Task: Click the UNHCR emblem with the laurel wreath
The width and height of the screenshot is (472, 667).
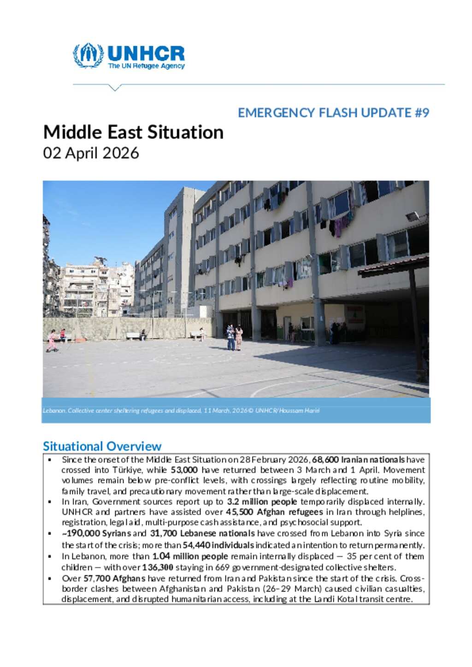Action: [x=88, y=55]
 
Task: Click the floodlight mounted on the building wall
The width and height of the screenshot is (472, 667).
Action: [x=420, y=216]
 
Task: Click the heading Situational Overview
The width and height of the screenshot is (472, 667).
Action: [x=102, y=446]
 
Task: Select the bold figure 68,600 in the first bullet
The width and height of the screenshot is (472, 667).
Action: [x=326, y=459]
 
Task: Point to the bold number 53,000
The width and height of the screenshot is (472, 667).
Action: [x=184, y=470]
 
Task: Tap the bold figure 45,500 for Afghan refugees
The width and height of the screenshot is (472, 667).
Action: [x=238, y=512]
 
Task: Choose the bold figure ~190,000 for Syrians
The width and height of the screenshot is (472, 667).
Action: [x=81, y=534]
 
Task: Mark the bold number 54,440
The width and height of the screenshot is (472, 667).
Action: [x=197, y=545]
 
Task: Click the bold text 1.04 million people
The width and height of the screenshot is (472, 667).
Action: [x=190, y=556]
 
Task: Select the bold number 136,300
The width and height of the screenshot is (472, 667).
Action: [x=158, y=567]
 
